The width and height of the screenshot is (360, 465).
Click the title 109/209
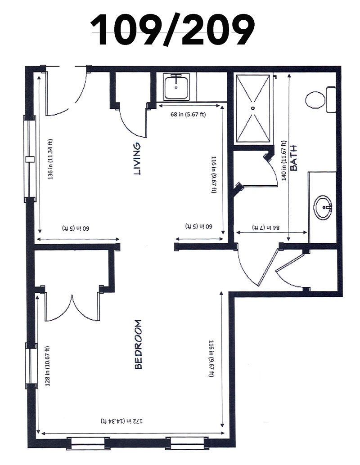[x=172, y=30]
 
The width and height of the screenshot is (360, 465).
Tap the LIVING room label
[x=137, y=159]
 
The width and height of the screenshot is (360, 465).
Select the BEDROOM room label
[x=138, y=344]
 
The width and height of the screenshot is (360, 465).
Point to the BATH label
[x=293, y=158]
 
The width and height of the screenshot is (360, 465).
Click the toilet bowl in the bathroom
[x=315, y=100]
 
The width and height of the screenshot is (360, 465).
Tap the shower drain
[x=253, y=108]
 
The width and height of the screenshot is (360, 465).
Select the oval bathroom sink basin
[x=323, y=208]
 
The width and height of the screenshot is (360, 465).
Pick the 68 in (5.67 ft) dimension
[x=188, y=114]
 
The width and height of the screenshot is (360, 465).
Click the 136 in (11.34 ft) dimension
[x=50, y=159]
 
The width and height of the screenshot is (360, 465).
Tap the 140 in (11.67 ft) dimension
[x=284, y=160]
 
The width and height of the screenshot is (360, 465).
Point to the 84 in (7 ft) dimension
[x=266, y=228]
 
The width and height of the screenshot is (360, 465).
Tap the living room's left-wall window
[x=30, y=159]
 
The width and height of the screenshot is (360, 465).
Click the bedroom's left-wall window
[x=31, y=366]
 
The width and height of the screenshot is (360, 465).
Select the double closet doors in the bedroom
[x=72, y=307]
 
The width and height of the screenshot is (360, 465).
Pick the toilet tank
[x=331, y=99]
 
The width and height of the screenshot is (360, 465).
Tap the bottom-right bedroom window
[x=188, y=443]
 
